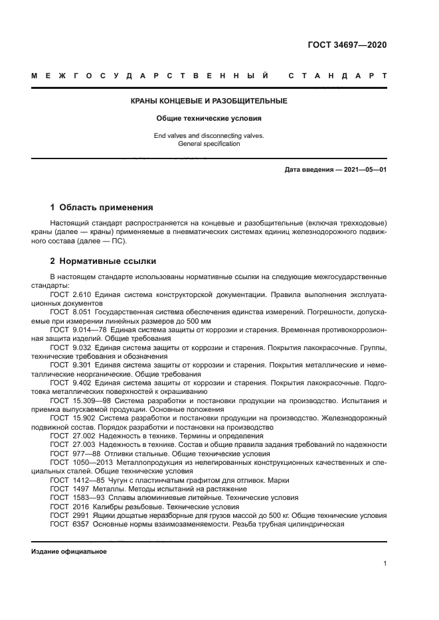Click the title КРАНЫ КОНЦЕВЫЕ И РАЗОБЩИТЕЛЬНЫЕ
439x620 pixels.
(x=208, y=101)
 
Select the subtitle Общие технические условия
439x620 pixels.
(x=208, y=119)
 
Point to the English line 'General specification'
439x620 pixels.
(x=208, y=144)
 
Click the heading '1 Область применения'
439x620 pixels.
(x=102, y=207)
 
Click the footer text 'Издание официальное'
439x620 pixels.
(x=69, y=552)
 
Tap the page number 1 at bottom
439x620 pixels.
(x=385, y=564)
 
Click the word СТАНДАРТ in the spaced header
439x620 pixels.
(x=338, y=76)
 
